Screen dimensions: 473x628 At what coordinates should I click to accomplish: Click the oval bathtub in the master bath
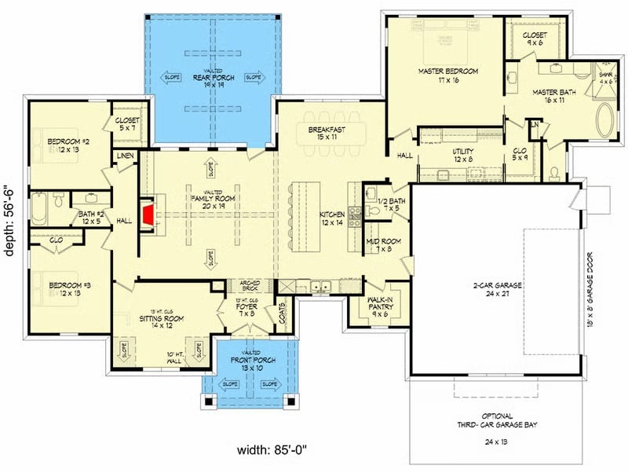coord(606,124)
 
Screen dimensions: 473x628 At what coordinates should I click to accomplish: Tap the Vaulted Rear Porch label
coord(210,81)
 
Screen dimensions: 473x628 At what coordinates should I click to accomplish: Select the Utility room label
coord(463,153)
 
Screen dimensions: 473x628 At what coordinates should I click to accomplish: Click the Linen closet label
coord(126,157)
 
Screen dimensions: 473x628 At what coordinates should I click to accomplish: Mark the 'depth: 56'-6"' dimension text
coord(11,236)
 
